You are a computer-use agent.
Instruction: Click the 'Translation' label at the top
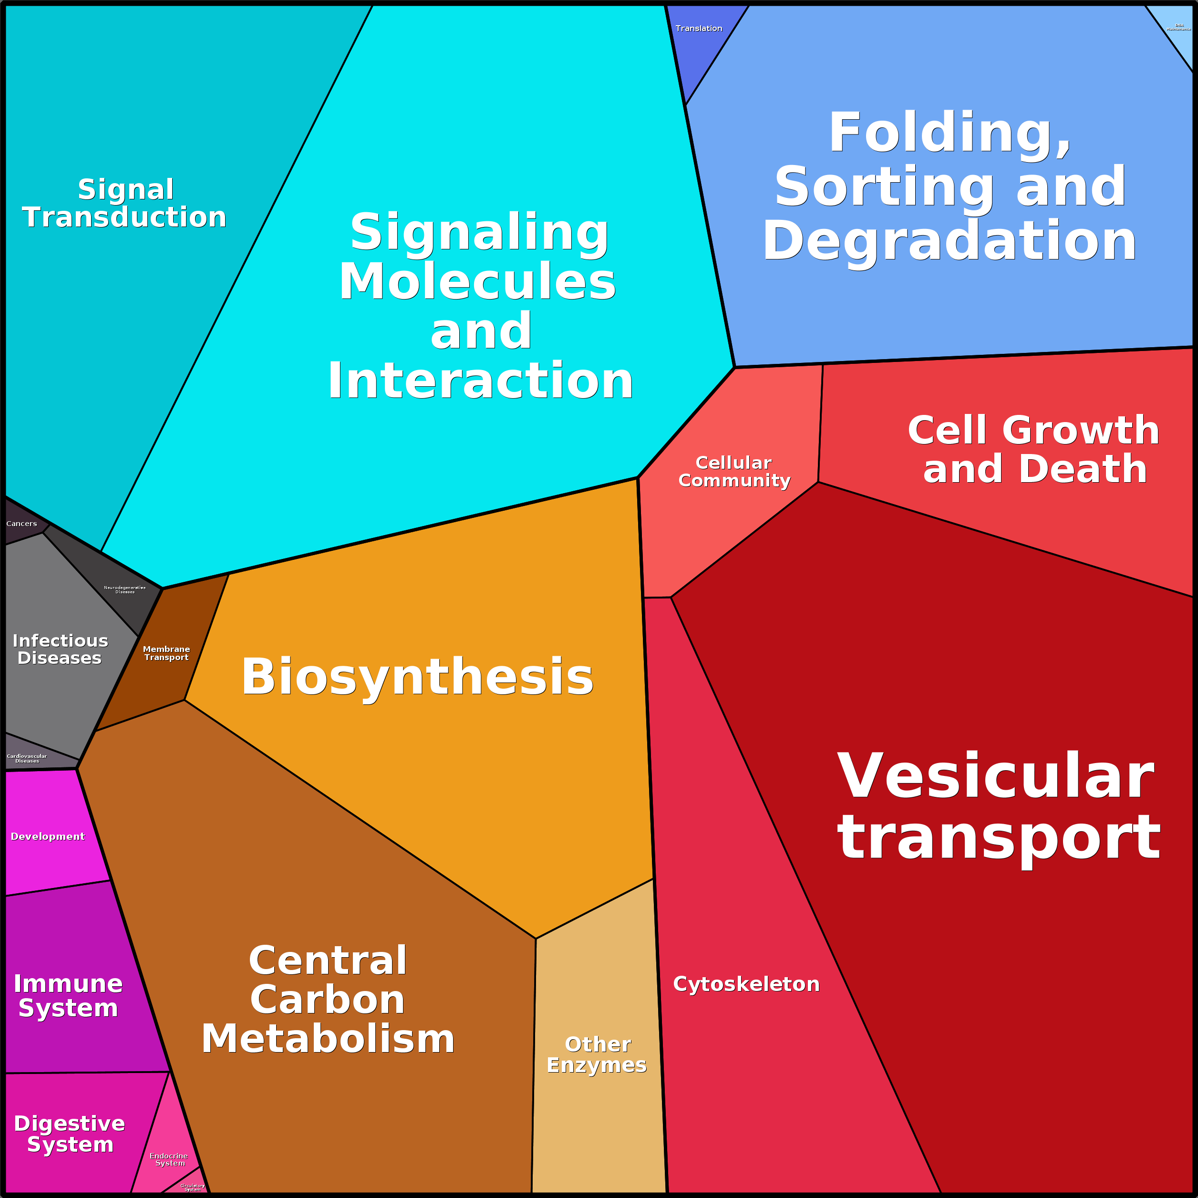[x=699, y=29]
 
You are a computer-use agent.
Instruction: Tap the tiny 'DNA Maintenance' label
[x=1178, y=27]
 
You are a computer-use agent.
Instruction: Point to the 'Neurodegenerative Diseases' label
[x=124, y=589]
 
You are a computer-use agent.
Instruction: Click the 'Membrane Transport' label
[x=166, y=653]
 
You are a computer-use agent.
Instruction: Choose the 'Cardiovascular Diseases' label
[x=27, y=758]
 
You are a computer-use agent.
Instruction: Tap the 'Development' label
[x=48, y=837]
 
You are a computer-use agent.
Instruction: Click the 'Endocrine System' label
[x=169, y=1159]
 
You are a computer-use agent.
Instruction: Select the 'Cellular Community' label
[x=734, y=471]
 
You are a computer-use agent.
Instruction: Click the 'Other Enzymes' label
[x=597, y=1054]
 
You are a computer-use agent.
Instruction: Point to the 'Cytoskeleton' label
[x=746, y=984]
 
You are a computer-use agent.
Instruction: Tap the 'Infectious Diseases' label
[x=60, y=649]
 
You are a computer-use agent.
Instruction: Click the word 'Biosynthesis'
[x=417, y=677]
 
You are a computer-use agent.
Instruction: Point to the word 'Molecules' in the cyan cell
[x=477, y=281]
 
